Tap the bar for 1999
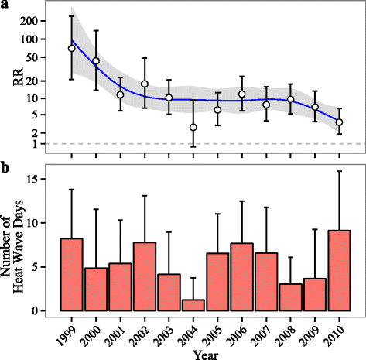pyautogui.click(x=71, y=275)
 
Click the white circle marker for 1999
pyautogui.click(x=71, y=48)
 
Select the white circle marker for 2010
pyautogui.click(x=339, y=122)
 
